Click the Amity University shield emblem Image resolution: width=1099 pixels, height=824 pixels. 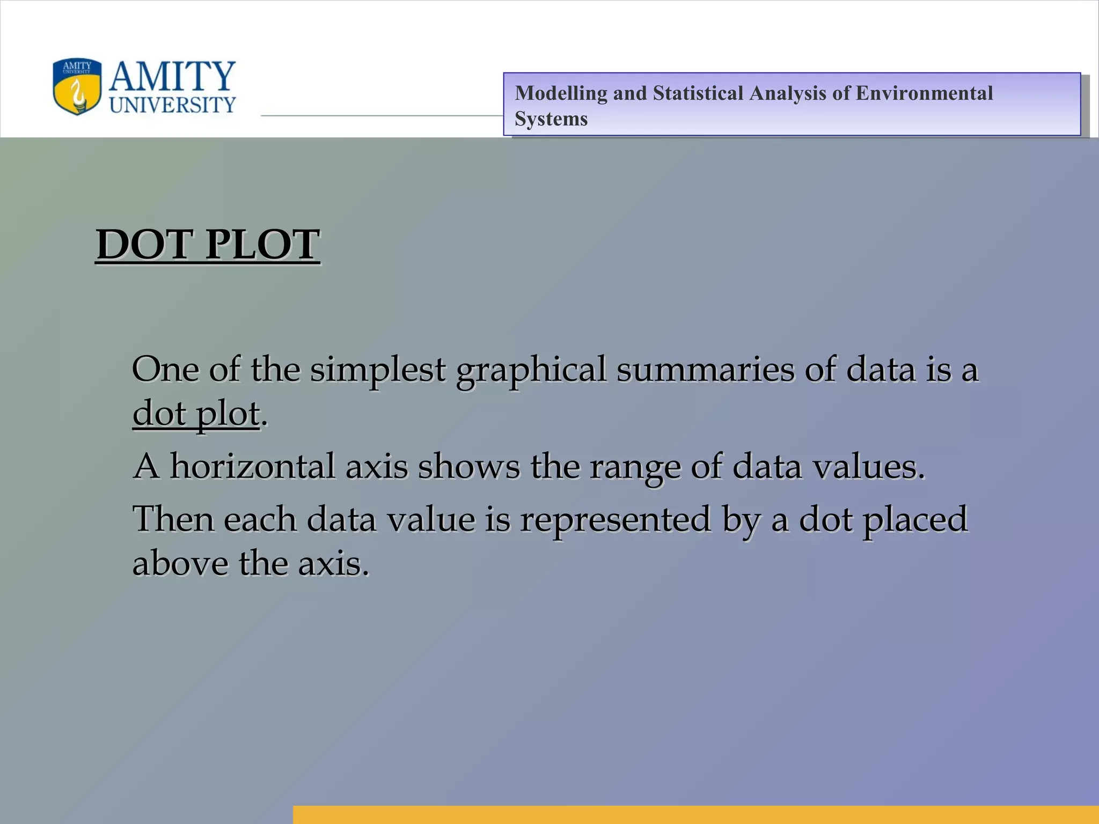coord(77,87)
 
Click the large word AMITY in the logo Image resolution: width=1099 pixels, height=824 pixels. coord(172,76)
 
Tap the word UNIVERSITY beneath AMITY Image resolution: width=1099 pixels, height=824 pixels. coord(172,105)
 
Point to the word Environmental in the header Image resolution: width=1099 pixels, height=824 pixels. coord(924,93)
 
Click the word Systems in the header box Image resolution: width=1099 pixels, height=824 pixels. coord(551,119)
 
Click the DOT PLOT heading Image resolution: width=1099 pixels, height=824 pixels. coord(208,245)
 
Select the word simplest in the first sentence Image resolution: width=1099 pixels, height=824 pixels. coord(378,370)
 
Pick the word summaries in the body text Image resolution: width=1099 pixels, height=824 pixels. coord(705,370)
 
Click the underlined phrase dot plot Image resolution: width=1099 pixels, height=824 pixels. coord(196,414)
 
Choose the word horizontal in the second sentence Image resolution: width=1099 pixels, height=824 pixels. coord(252,466)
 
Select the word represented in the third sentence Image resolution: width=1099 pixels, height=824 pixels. coord(615,520)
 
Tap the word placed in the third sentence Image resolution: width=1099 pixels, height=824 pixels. coord(915,520)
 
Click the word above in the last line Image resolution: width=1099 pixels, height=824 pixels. coord(180,563)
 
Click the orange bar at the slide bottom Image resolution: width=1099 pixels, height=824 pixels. coord(695,814)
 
